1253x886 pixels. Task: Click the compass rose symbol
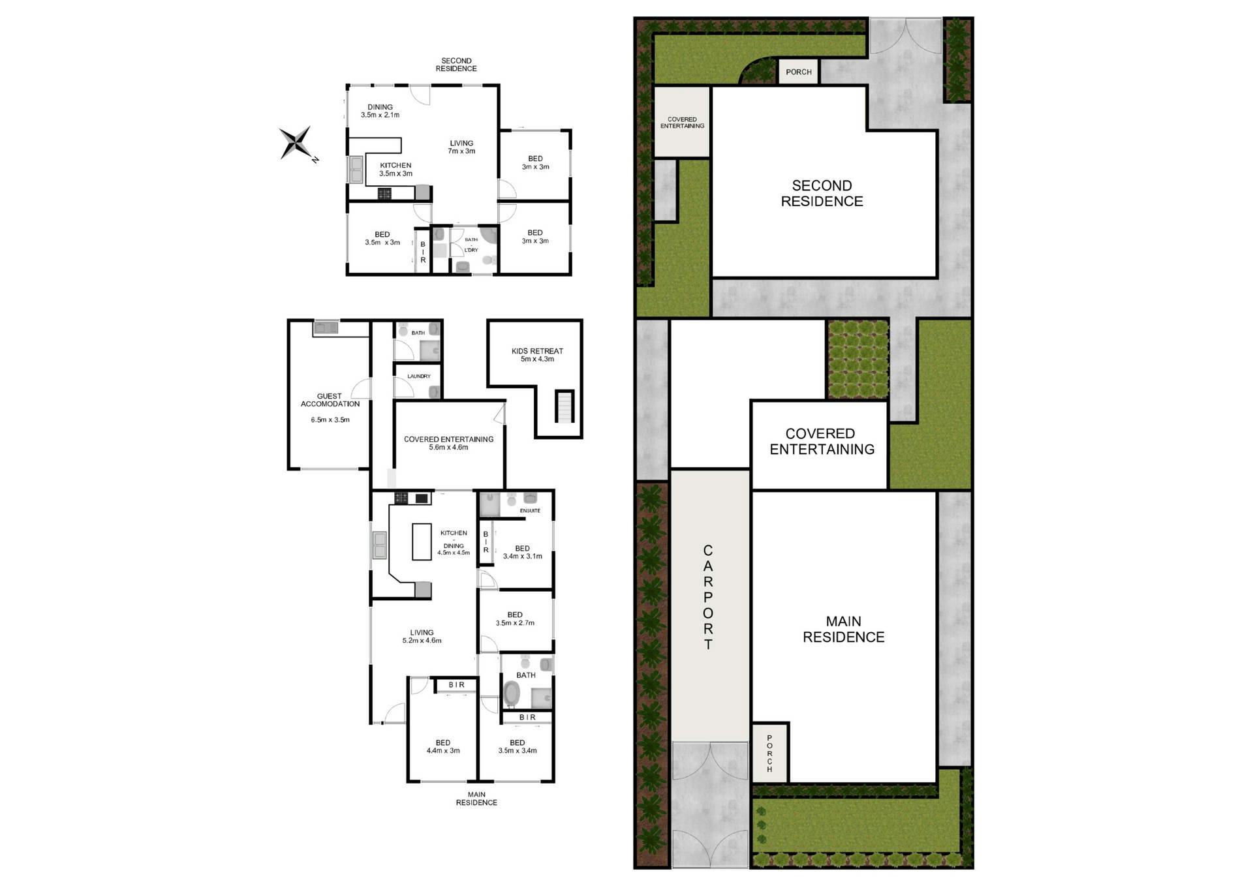coord(297,143)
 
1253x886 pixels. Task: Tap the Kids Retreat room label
coord(537,355)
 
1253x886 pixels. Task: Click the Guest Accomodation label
coord(330,400)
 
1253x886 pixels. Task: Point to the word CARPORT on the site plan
coord(708,597)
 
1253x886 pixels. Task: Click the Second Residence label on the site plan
coord(822,193)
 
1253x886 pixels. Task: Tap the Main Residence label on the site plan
coord(843,629)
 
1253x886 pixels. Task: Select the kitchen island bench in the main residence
coord(422,542)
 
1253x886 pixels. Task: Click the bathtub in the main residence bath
coord(511,695)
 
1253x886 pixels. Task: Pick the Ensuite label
coord(530,511)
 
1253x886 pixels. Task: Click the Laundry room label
coord(419,376)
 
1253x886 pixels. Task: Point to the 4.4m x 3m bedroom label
coord(443,746)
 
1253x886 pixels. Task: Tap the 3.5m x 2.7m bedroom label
coord(515,619)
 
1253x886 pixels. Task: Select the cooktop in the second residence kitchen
coord(384,194)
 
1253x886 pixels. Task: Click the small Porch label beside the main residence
coord(769,754)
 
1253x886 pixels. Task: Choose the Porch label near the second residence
coord(799,72)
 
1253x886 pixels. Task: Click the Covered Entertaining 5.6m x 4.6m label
coord(448,443)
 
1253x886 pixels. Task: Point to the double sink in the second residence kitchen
coord(356,170)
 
